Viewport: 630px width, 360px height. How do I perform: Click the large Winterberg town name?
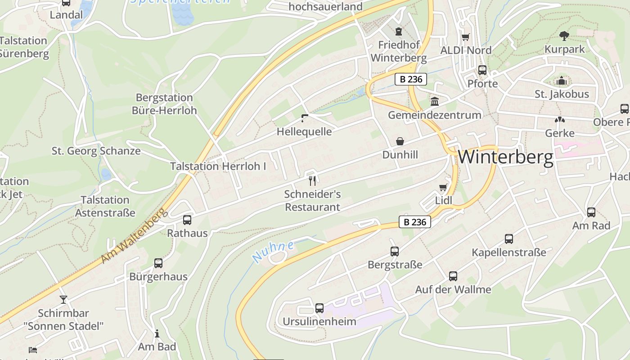[505, 157]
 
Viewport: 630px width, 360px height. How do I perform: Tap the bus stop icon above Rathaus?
[187, 220]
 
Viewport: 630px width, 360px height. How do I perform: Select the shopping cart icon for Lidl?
[443, 187]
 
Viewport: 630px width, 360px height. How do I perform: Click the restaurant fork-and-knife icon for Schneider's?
[312, 181]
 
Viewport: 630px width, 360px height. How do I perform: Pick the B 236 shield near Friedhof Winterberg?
[410, 79]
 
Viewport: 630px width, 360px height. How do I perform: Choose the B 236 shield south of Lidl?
[415, 222]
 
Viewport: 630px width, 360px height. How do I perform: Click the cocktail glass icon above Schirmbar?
[63, 299]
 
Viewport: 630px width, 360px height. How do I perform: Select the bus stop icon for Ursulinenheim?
[319, 308]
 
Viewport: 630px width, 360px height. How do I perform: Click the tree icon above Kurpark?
[564, 36]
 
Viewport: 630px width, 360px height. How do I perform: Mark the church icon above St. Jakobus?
[561, 81]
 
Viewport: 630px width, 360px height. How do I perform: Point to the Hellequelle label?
[304, 132]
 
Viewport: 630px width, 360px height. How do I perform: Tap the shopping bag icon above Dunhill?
[400, 142]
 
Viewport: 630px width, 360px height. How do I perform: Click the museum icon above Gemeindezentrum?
[435, 101]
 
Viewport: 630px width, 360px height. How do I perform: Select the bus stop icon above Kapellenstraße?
[509, 239]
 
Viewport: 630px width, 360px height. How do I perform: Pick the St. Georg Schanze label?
[96, 151]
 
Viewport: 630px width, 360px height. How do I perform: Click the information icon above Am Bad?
[157, 333]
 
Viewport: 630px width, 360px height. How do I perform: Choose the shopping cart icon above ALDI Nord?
[466, 37]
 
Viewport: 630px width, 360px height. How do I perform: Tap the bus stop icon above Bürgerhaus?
[158, 263]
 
